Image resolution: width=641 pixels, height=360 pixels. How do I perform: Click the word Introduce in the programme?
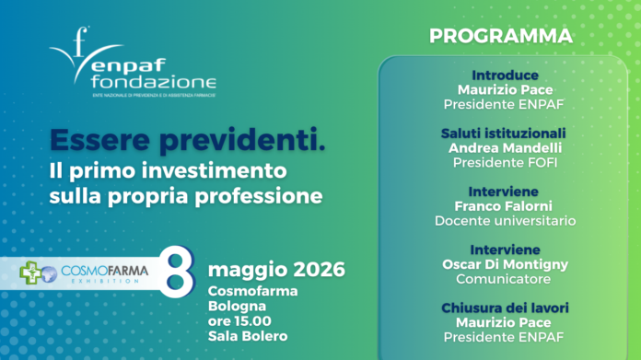click(x=504, y=74)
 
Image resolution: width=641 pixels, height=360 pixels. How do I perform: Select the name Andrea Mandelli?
click(x=504, y=147)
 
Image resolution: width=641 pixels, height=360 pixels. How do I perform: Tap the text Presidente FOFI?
click(x=504, y=162)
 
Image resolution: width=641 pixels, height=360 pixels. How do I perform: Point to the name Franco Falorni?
click(x=504, y=206)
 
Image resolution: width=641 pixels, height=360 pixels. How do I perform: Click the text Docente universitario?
click(x=504, y=221)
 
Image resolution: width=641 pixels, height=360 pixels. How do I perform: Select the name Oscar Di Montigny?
click(x=504, y=264)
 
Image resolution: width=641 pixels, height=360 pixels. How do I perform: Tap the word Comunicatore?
click(x=504, y=279)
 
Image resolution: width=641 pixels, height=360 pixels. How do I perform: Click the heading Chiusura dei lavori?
click(x=504, y=308)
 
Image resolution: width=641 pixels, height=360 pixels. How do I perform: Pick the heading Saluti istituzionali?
click(x=504, y=133)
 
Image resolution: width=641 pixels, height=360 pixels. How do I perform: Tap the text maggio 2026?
click(x=276, y=270)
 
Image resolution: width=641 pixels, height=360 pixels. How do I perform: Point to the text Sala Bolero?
click(x=247, y=336)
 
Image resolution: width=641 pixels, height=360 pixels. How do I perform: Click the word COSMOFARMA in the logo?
click(x=99, y=270)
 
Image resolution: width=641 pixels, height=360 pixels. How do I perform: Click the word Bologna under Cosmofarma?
click(x=236, y=305)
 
